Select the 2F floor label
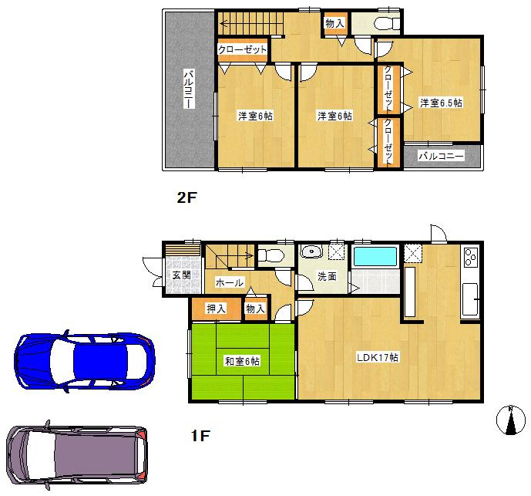187,197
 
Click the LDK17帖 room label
377,358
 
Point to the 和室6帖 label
242,361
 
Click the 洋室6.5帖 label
441,102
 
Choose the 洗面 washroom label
327,276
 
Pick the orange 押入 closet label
216,309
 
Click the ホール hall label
230,283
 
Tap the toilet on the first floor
271,255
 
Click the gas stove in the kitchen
470,258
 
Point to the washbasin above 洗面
312,252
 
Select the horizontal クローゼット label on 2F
242,49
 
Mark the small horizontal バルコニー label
442,156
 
